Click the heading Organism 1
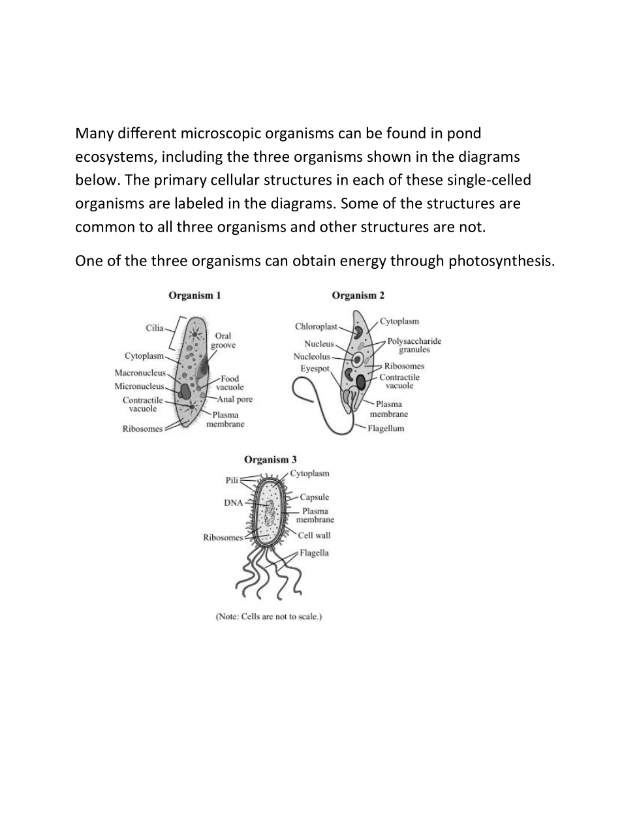coord(195,296)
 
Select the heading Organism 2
coord(358,296)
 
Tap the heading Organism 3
coord(270,460)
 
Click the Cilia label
coord(155,328)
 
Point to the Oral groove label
coord(223,341)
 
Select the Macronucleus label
coord(140,373)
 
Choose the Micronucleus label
coord(139,386)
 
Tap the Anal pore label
coord(235,399)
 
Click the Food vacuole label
coord(230,383)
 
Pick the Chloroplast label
coord(316,326)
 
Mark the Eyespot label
coord(315,369)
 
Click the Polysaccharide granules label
coord(414,345)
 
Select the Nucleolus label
coord(311,356)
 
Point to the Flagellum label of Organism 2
coord(386,429)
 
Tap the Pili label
coord(232,480)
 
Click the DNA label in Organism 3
coord(233,503)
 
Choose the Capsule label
coord(315,497)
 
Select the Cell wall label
coord(315,536)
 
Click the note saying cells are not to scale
coord(269,617)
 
